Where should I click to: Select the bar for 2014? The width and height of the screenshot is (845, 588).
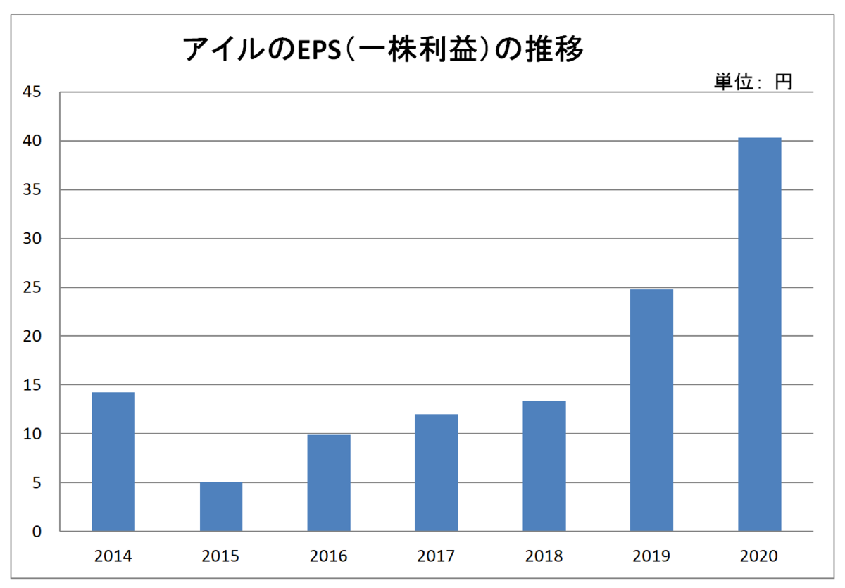pyautogui.click(x=113, y=461)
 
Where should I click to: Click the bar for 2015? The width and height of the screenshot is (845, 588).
pyautogui.click(x=221, y=506)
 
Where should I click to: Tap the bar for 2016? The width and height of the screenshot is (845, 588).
pyautogui.click(x=329, y=483)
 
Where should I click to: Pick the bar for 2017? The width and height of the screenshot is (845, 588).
pyautogui.click(x=437, y=473)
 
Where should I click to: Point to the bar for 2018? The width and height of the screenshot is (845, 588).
pyautogui.click(x=544, y=465)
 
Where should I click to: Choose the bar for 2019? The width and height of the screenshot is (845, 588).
pyautogui.click(x=652, y=410)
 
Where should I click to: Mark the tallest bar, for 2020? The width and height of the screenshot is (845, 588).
pyautogui.click(x=760, y=334)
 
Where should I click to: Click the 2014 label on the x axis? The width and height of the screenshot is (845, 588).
pyautogui.click(x=113, y=556)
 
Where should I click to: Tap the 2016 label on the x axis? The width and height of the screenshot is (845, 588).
pyautogui.click(x=329, y=556)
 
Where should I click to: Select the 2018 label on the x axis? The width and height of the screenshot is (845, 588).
pyautogui.click(x=544, y=556)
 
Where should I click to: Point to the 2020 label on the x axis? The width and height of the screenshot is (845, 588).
pyautogui.click(x=760, y=556)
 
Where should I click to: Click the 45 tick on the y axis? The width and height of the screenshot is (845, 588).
pyautogui.click(x=32, y=92)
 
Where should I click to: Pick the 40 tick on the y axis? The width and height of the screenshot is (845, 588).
pyautogui.click(x=32, y=141)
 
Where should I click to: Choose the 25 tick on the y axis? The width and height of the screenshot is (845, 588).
pyautogui.click(x=32, y=287)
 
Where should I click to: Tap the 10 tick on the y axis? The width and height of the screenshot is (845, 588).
pyautogui.click(x=32, y=434)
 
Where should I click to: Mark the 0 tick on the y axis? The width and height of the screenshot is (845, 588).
pyautogui.click(x=37, y=532)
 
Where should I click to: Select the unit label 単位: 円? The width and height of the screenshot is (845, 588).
pyautogui.click(x=753, y=82)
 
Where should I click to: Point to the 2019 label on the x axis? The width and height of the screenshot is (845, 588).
pyautogui.click(x=652, y=556)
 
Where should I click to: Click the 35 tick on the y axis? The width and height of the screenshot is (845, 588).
pyautogui.click(x=32, y=190)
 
